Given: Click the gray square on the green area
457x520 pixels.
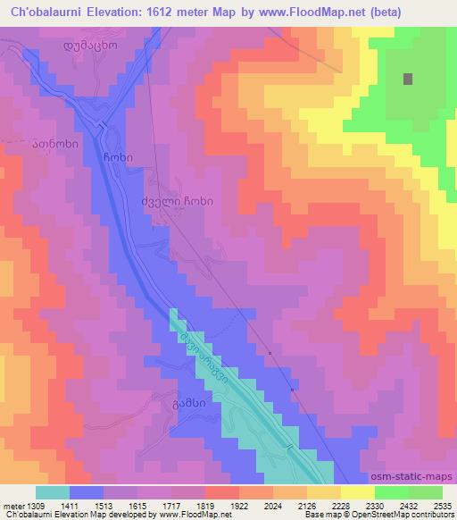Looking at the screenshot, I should (x=408, y=79).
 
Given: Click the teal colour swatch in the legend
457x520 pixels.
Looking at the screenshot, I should (x=54, y=492).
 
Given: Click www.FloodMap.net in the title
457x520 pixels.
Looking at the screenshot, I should (x=287, y=13).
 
